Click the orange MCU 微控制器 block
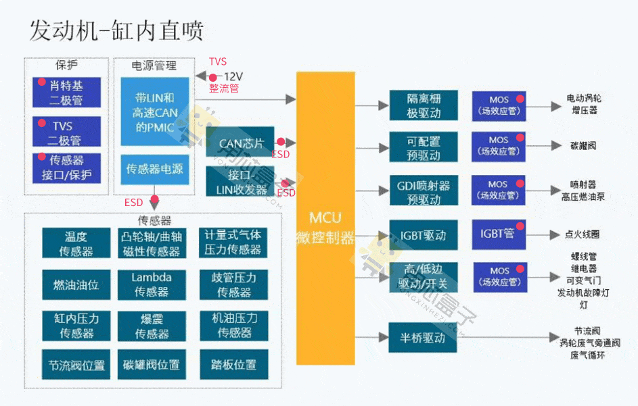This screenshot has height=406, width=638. [325, 218]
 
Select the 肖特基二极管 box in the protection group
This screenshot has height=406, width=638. [66, 93]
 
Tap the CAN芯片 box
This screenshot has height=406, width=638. [240, 143]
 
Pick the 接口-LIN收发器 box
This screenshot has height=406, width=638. [240, 182]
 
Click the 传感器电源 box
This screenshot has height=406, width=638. [154, 169]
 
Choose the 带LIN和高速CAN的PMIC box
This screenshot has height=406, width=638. [154, 112]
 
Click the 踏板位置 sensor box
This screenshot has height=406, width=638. [234, 365]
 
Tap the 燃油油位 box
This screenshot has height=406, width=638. [76, 284]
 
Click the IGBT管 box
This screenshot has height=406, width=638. [498, 234]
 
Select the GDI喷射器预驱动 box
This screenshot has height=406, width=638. [423, 192]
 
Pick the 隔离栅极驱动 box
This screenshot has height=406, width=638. [423, 105]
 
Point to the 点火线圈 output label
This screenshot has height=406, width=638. [582, 234]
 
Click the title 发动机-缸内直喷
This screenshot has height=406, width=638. [116, 31]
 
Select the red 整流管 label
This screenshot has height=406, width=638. [223, 88]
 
